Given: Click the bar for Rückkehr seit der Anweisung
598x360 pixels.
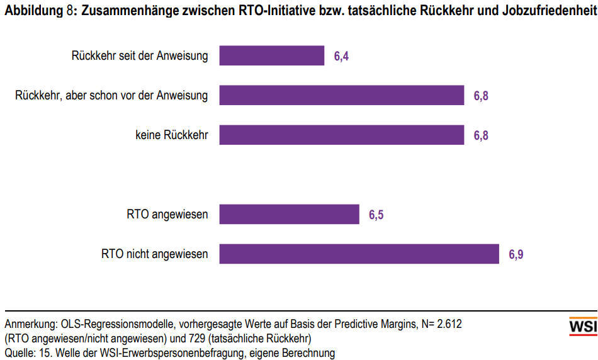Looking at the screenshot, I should [271, 56].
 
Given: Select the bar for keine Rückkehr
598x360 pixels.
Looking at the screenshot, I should [341, 135].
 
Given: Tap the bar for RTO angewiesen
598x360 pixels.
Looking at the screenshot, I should [289, 215].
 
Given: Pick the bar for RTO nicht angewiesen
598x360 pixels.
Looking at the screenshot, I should [359, 254].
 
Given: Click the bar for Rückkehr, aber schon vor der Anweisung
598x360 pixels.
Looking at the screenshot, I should [341, 96].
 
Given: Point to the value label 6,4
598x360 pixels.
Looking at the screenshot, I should [341, 57].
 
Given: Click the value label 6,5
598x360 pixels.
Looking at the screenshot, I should [376, 215].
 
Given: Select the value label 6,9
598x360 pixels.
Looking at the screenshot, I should [516, 255].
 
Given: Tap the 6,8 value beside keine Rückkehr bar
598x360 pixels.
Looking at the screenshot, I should [481, 135].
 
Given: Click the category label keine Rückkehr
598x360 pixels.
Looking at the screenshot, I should [171, 135].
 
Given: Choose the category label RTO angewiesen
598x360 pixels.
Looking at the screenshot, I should [167, 215].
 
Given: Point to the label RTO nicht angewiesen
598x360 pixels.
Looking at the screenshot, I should [154, 254].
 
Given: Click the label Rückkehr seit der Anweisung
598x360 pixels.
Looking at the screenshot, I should [140, 56].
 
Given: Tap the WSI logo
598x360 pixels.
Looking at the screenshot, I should [582, 327].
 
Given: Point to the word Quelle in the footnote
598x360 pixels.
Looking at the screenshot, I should [20, 352].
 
